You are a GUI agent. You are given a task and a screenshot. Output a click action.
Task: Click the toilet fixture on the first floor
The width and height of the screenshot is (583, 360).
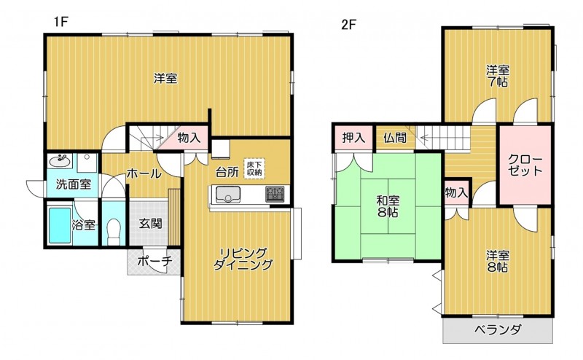114,231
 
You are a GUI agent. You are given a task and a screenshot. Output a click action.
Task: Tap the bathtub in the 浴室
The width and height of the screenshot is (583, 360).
60,225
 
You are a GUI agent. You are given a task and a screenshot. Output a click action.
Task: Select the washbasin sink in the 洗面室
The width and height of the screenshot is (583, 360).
60,161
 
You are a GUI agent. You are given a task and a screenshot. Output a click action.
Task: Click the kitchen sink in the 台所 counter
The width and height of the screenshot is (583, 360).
228,194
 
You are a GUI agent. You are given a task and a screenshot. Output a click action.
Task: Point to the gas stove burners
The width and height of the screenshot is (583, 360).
275,194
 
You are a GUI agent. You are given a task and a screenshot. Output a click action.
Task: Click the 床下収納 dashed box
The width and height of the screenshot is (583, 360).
254,168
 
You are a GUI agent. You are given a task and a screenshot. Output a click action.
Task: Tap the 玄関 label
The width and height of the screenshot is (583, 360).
150,224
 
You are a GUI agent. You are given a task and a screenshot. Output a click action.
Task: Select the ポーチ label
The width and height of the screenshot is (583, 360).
154,261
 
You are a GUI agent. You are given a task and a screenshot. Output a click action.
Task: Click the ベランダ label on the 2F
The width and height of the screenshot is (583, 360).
498,329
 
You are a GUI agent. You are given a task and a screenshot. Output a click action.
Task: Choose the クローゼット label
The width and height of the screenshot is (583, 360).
525,165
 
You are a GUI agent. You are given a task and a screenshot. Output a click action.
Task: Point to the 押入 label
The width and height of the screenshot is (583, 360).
353,138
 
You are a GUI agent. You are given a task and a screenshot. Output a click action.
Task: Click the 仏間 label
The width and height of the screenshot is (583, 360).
395,138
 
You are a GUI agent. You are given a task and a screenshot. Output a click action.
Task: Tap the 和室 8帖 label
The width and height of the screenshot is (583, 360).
388,206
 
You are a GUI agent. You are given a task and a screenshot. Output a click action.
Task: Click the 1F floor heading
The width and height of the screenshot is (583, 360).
60,23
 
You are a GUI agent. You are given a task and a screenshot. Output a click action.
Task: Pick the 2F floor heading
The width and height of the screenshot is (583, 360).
349,25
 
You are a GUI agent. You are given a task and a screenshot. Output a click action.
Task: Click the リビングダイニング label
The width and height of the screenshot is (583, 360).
243,259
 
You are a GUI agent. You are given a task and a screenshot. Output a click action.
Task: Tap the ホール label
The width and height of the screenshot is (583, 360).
144,173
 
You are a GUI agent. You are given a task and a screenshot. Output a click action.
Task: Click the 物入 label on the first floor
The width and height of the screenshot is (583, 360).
189,138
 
